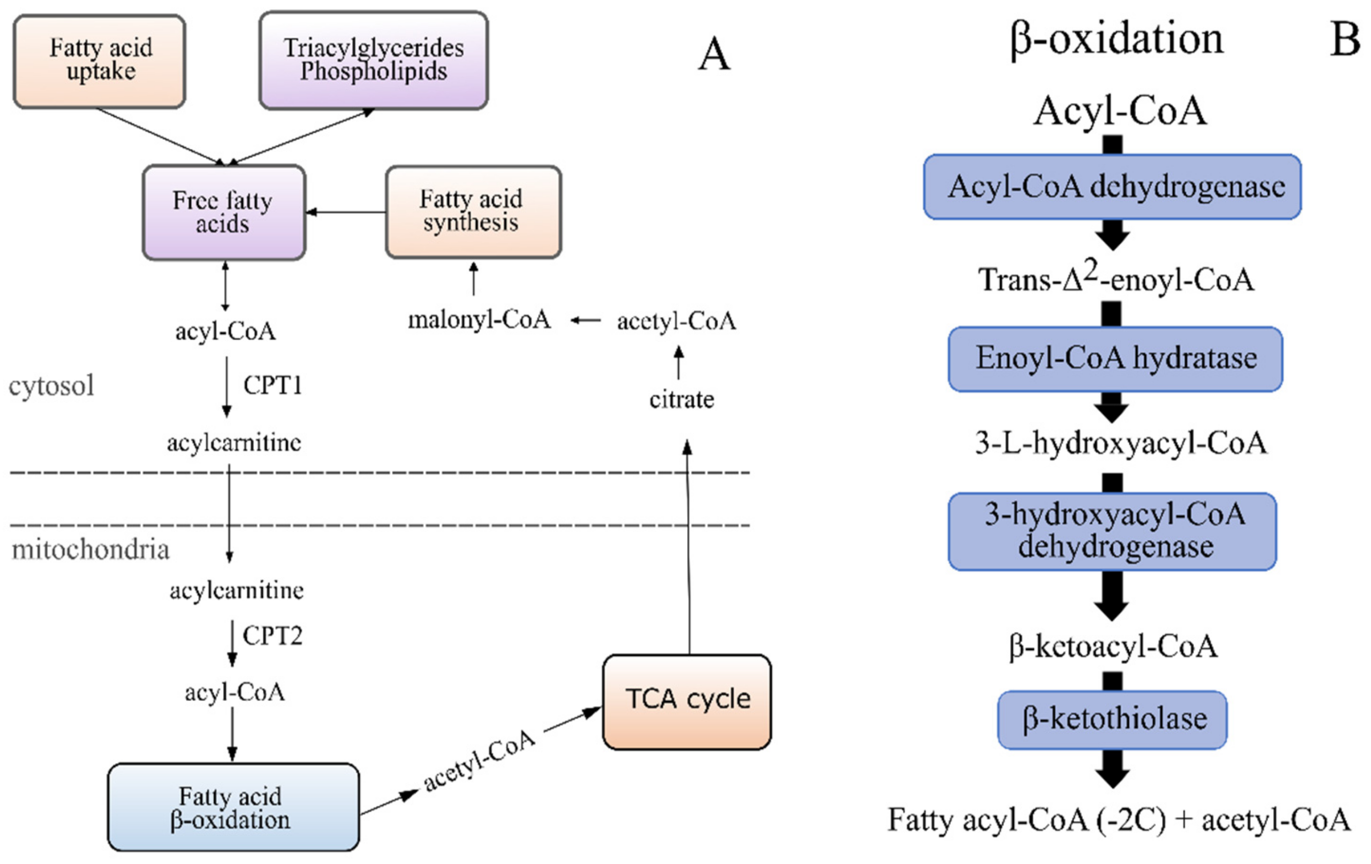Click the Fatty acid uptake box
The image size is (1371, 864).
[99, 61]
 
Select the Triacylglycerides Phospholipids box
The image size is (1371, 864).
[373, 60]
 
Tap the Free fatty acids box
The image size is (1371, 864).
[224, 212]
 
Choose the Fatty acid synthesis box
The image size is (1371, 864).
[473, 212]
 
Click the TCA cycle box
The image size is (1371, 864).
[687, 701]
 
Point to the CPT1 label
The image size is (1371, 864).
[272, 385]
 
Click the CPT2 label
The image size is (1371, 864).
[272, 635]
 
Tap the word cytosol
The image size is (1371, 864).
[51, 386]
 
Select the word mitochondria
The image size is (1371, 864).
[90, 550]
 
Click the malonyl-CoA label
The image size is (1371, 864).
[479, 320]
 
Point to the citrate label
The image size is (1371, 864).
[682, 399]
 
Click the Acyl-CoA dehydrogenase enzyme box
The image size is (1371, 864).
[1112, 187]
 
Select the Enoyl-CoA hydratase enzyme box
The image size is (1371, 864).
[1115, 359]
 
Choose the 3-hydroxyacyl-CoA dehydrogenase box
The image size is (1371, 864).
[1112, 531]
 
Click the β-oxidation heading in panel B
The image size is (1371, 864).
[1116, 40]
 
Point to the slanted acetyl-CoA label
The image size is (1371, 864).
[479, 761]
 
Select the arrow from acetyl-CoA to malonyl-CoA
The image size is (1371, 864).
[585, 320]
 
